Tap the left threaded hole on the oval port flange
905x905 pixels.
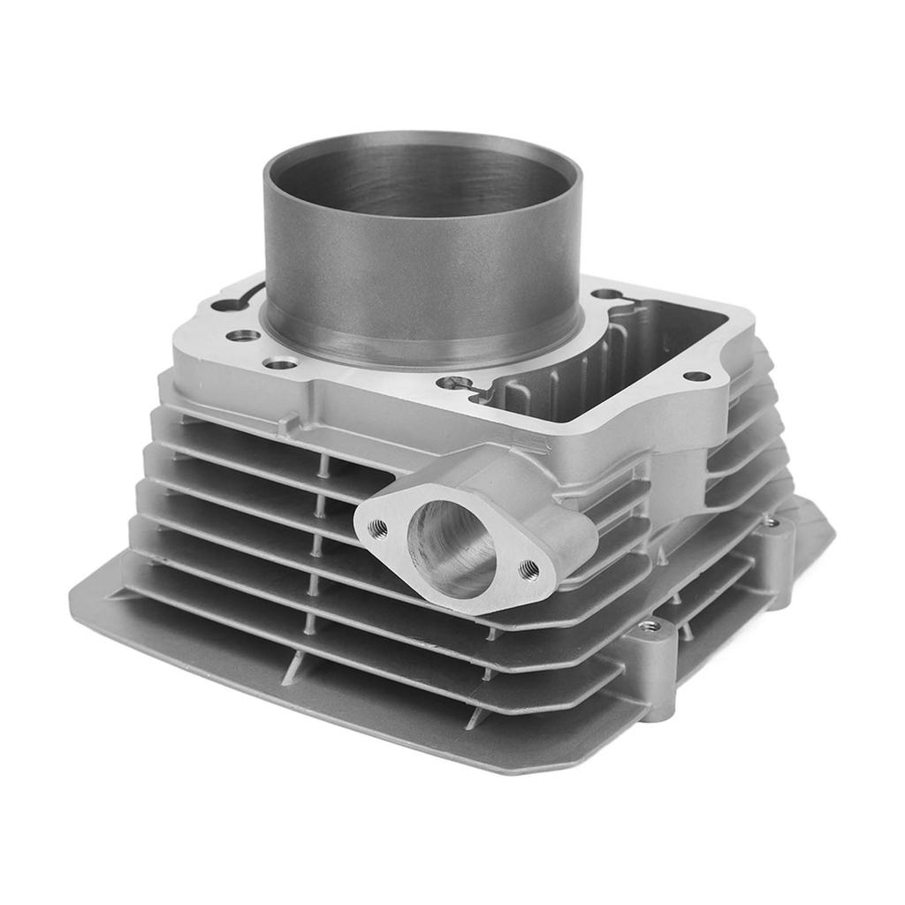[377, 528]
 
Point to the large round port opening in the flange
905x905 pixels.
[451, 548]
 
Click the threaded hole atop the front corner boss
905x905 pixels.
[650, 626]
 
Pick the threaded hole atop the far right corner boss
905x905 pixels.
[771, 522]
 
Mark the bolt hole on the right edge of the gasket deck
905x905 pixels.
[696, 376]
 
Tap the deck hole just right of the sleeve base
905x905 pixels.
[605, 294]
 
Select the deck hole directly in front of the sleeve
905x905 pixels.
[457, 383]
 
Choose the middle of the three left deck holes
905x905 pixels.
[243, 336]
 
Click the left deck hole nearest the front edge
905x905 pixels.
[281, 363]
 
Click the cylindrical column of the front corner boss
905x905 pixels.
[654, 672]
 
